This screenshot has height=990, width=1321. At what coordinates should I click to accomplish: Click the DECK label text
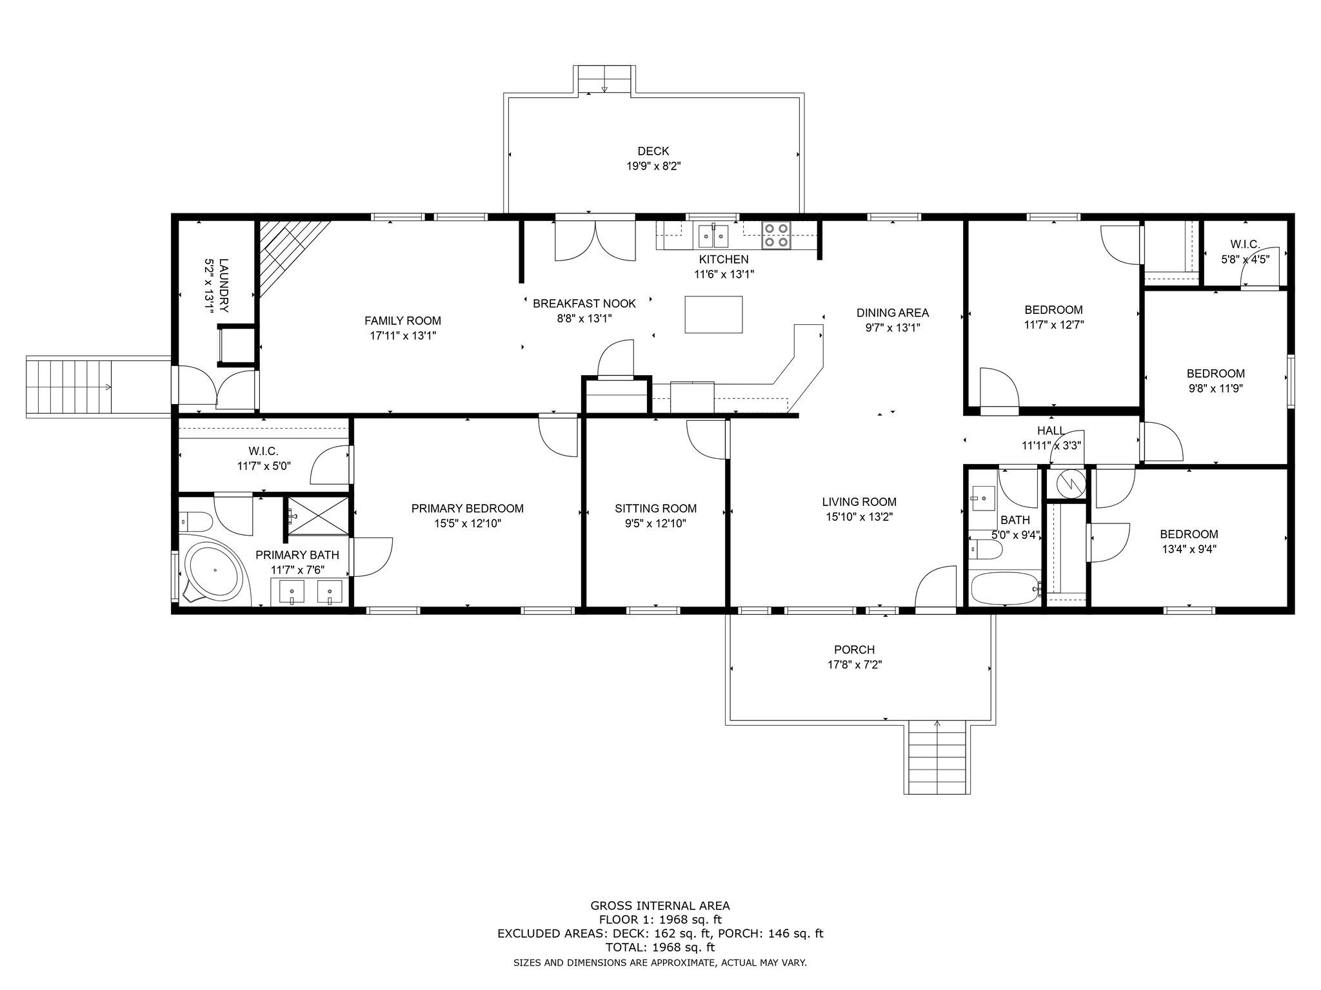click(x=653, y=151)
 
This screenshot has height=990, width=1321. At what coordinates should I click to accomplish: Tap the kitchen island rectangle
click(x=713, y=315)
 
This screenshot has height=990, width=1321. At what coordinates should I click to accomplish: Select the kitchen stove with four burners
click(x=776, y=235)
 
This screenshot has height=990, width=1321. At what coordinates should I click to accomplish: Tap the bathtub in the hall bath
click(x=1006, y=588)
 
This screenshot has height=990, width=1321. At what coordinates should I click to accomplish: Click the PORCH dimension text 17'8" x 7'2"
click(x=855, y=665)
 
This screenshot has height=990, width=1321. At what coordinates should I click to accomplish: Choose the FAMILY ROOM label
click(x=402, y=321)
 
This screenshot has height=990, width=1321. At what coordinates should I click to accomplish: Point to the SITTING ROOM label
click(x=655, y=509)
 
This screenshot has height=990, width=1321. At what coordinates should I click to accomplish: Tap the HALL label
click(x=1051, y=431)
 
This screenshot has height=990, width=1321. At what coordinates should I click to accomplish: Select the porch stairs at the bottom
click(x=937, y=757)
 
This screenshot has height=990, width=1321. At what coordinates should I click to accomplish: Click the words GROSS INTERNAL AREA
click(x=660, y=906)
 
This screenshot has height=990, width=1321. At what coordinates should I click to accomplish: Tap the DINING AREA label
click(x=893, y=313)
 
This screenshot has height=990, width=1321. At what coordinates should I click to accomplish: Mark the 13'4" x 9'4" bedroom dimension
click(x=1189, y=549)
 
